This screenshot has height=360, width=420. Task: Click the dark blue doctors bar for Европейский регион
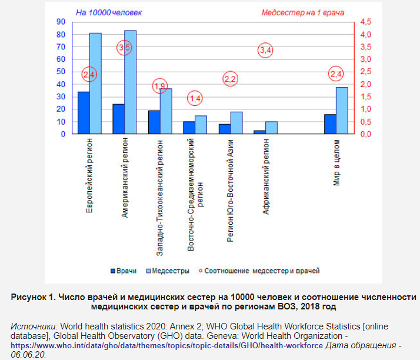click(x=84, y=113)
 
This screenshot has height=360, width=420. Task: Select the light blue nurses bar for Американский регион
click(x=130, y=82)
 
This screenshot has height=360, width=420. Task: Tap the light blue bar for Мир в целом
click(x=342, y=111)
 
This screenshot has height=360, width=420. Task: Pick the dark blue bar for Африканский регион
click(x=260, y=132)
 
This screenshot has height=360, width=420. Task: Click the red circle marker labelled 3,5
click(x=124, y=48)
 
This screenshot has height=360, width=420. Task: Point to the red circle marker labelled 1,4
click(x=195, y=98)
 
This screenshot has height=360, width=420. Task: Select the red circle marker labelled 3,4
click(x=265, y=51)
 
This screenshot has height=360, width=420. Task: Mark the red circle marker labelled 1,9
click(x=159, y=86)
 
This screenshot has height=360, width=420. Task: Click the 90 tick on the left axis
click(x=60, y=22)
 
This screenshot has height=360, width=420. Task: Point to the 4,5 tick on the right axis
click(x=365, y=22)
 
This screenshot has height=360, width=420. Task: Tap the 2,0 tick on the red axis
click(x=365, y=84)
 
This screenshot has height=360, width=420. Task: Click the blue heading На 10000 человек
click(x=110, y=12)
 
